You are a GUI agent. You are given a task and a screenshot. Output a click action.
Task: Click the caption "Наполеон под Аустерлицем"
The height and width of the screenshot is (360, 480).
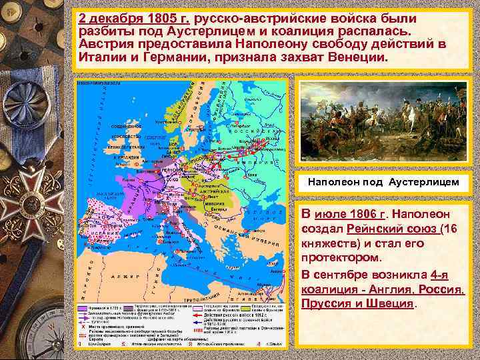coord(383,182)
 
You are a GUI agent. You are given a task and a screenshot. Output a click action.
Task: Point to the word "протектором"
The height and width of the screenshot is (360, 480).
coord(341,258)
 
